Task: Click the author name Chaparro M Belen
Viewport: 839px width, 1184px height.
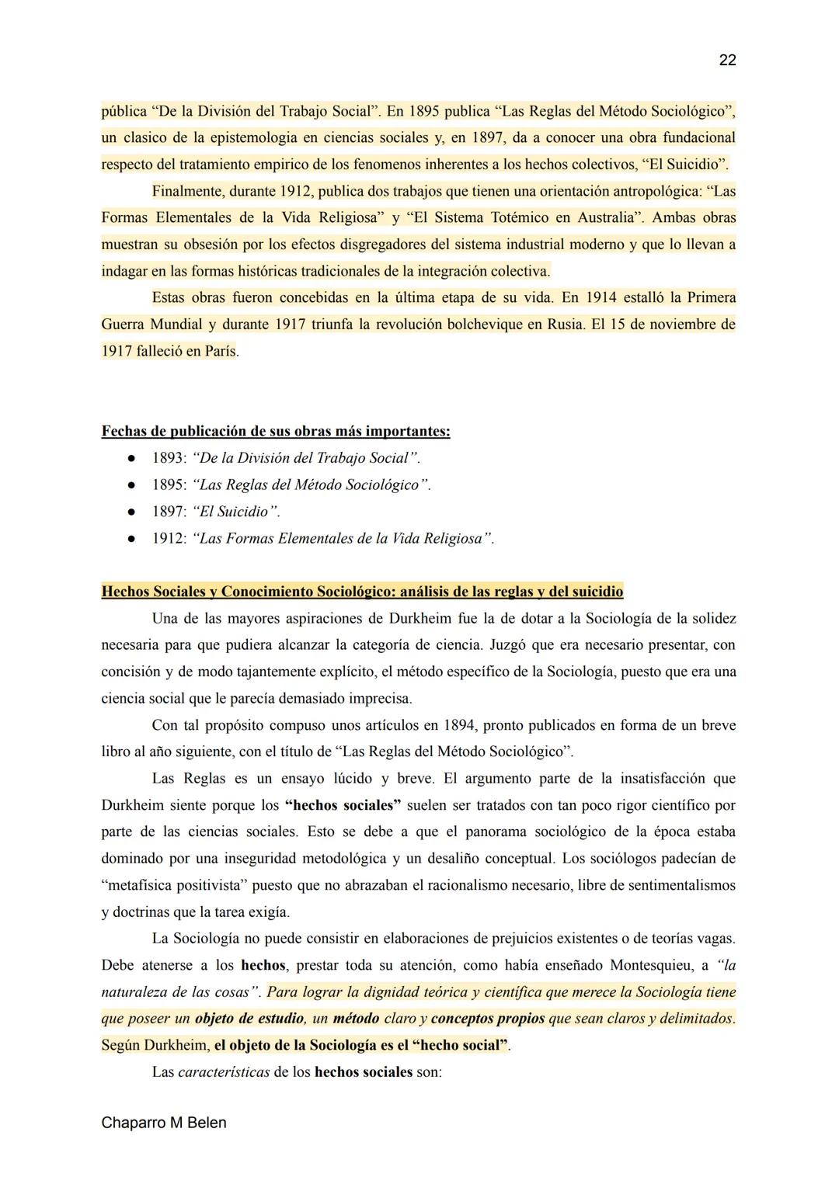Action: (164, 1123)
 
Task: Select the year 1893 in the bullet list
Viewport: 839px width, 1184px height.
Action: (169, 458)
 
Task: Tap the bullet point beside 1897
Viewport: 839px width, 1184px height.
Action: (133, 512)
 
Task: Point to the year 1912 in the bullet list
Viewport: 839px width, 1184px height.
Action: (169, 539)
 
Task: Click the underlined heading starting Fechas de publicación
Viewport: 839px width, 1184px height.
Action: (276, 431)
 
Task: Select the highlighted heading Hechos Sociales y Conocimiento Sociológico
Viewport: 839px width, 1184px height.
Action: (362, 592)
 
